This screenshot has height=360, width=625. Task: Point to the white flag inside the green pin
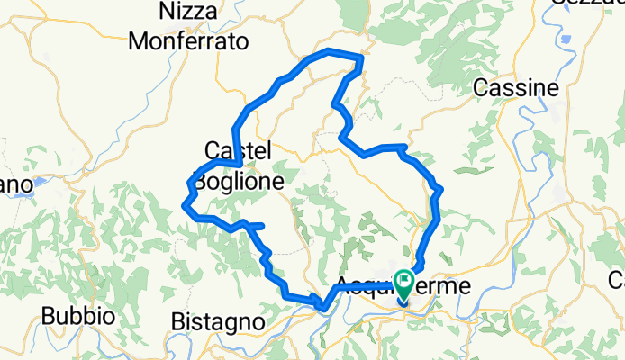pyautogui.click(x=404, y=280)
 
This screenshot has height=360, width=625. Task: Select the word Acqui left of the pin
pyautogui.click(x=366, y=286)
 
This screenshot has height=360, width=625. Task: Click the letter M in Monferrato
pyautogui.click(x=140, y=41)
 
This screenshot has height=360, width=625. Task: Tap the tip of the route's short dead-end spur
pyautogui.click(x=261, y=224)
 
